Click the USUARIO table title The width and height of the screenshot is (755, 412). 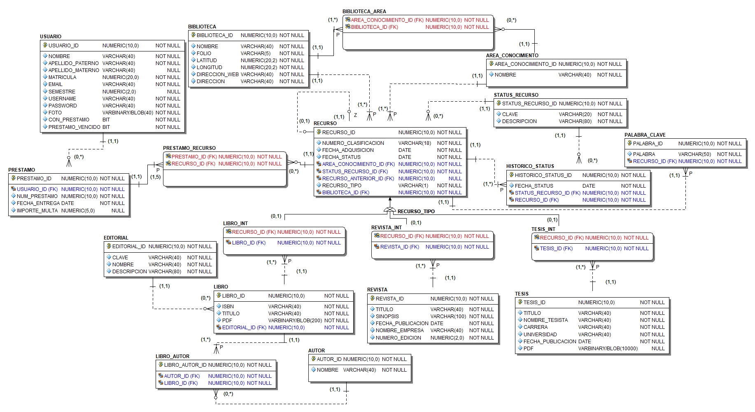(x=51, y=37)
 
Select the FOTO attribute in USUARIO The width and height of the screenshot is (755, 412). (x=55, y=113)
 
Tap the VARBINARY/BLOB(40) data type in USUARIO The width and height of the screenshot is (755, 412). (x=128, y=113)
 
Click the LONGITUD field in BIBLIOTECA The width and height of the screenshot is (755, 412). (x=209, y=68)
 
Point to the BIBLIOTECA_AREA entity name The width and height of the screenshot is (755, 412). (x=364, y=12)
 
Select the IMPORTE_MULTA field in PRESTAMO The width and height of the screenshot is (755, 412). (x=37, y=211)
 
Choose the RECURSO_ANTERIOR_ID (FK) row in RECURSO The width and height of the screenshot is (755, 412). (x=358, y=179)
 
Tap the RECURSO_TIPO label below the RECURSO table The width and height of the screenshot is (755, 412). (x=416, y=212)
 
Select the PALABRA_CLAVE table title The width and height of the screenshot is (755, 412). (x=645, y=135)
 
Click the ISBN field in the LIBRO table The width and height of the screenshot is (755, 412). (x=228, y=307)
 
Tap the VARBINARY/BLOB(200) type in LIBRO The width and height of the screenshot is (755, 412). (x=295, y=321)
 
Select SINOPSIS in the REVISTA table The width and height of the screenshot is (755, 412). (x=387, y=317)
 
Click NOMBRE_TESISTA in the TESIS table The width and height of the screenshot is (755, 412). (x=545, y=320)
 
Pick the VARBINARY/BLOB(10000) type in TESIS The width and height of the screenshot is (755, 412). (x=608, y=349)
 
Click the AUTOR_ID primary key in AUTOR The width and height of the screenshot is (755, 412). (x=329, y=359)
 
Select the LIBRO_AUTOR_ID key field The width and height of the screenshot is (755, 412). (x=185, y=365)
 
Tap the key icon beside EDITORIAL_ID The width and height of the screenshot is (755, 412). (x=109, y=246)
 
